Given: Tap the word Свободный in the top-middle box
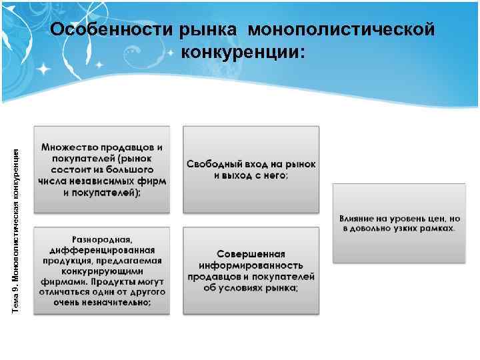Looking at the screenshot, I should click(215, 164).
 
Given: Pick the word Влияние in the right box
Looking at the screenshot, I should click(359, 218).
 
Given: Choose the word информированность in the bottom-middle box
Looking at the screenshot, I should click(251, 265).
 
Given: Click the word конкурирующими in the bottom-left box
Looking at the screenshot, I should click(101, 270).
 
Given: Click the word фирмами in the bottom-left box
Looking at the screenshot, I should click(61, 281).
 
